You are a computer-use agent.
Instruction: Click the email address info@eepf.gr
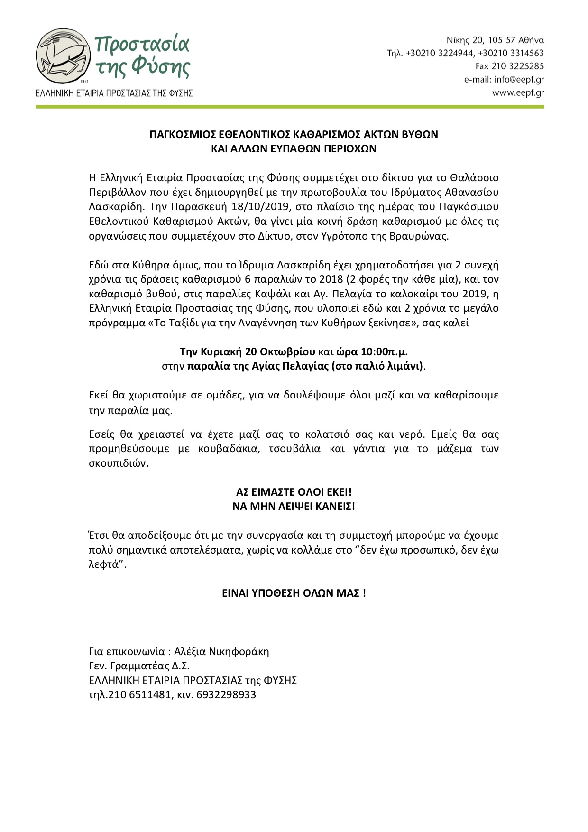pyautogui.click(x=519, y=80)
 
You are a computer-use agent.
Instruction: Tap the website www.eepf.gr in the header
pyautogui.click(x=518, y=93)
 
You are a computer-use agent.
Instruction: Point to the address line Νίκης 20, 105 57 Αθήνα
pyautogui.click(x=495, y=40)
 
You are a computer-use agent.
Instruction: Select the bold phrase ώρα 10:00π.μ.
pyautogui.click(x=372, y=352)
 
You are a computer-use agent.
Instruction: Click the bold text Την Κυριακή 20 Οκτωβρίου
pyautogui.click(x=247, y=352)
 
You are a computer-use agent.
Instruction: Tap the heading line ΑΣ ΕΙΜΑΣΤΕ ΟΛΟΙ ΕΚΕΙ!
pyautogui.click(x=294, y=492)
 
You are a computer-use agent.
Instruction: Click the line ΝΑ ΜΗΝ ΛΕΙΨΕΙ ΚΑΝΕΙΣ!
pyautogui.click(x=294, y=506)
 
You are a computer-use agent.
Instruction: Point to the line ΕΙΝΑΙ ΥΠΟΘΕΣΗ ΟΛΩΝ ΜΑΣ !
pyautogui.click(x=294, y=593)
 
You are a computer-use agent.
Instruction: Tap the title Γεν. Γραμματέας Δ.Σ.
pyautogui.click(x=139, y=666)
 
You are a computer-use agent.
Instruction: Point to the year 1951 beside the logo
pyautogui.click(x=85, y=82)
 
